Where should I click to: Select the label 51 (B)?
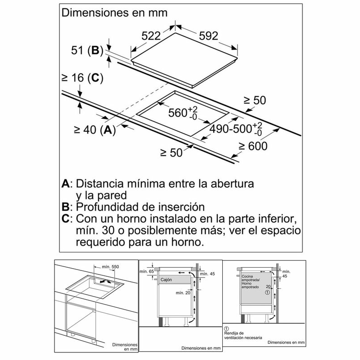point(88,50)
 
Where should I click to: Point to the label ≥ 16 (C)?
point(82,78)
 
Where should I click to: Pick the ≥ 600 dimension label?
point(252,146)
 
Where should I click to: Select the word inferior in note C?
point(274,219)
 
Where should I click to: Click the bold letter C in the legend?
point(66,219)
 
